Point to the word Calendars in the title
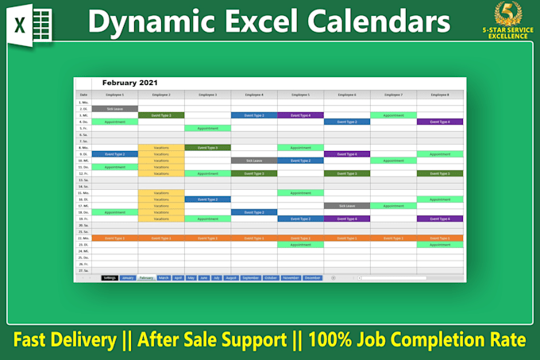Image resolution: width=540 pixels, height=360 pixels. coord(382,21)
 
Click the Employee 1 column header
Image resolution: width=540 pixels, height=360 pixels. coord(115,95)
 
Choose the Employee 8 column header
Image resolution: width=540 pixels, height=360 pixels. coord(440,95)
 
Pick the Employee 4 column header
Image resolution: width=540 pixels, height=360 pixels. coord(254,95)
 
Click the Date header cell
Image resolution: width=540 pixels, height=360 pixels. coord(83,95)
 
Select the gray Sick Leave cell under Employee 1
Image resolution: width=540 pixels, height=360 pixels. coord(115,109)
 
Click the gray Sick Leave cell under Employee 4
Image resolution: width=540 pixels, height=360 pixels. coord(254,161)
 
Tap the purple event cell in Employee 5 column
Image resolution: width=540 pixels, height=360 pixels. coord(301,115)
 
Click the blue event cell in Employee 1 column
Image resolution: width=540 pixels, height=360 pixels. coord(115,154)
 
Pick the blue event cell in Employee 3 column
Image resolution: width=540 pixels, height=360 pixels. coord(208,199)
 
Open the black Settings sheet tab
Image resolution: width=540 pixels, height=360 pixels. coord(110,278)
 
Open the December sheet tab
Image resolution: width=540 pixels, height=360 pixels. coord(312,278)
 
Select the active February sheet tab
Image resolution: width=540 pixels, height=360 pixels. coord(146,278)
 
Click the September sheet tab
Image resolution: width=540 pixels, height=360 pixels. coord(250,278)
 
